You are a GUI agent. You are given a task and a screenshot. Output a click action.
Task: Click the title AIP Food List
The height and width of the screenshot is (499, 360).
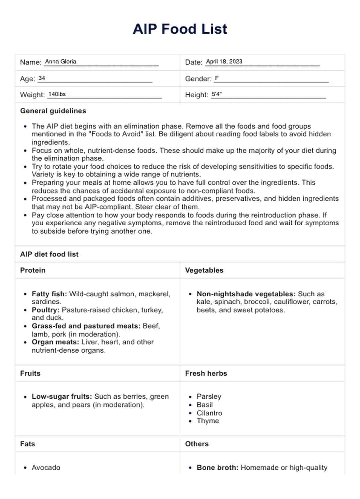pyautogui.click(x=180, y=29)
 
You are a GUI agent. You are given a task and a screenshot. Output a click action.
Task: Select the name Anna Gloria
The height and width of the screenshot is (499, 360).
pyautogui.click(x=60, y=62)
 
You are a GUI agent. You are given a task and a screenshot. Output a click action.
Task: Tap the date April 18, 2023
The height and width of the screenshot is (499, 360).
pyautogui.click(x=224, y=62)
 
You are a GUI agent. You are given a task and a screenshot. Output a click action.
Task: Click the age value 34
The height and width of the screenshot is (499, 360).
pyautogui.click(x=42, y=78)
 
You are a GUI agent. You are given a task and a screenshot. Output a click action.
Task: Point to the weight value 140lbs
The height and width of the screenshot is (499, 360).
pyautogui.click(x=57, y=94)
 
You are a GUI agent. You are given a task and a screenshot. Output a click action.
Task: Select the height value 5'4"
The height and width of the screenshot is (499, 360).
pyautogui.click(x=216, y=94)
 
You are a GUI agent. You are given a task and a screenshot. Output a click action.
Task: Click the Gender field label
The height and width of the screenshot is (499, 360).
pyautogui.click(x=198, y=79)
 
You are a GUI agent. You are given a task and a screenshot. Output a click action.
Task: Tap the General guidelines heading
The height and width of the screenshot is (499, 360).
pyautogui.click(x=53, y=111)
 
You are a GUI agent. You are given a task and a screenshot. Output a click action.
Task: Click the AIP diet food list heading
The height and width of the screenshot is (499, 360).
pyautogui.click(x=49, y=254)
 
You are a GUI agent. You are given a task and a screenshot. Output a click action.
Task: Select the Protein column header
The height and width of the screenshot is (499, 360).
pyautogui.click(x=33, y=270)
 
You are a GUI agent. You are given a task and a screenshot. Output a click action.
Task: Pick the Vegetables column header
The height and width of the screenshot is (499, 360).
pyautogui.click(x=204, y=270)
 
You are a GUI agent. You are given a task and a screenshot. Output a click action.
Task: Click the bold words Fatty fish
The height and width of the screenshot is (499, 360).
pyautogui.click(x=49, y=294)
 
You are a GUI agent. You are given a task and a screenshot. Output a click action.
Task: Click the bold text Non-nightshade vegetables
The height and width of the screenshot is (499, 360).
pyautogui.click(x=246, y=294)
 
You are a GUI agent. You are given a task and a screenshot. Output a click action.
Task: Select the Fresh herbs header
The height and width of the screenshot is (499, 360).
pyautogui.click(x=206, y=373)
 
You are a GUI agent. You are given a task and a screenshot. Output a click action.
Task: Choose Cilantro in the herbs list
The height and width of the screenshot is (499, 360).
pyautogui.click(x=209, y=413)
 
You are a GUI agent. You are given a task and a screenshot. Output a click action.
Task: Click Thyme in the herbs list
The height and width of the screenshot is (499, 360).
pyautogui.click(x=208, y=421)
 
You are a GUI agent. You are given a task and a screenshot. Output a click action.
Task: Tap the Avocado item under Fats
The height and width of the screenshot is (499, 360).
pyautogui.click(x=46, y=467)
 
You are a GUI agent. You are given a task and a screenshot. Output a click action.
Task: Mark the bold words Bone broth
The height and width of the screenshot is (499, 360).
pyautogui.click(x=217, y=467)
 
